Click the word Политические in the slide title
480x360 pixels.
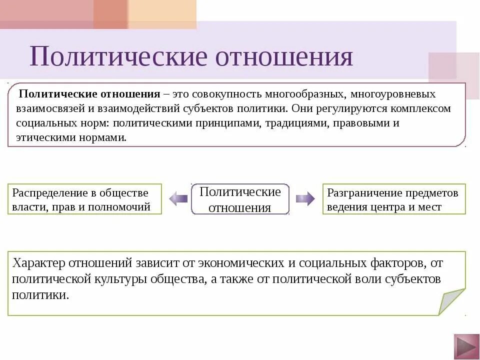118,56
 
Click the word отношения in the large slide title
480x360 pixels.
284,56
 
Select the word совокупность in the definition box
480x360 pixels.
218,94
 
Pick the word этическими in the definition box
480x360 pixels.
41,137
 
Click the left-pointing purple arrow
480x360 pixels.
178,199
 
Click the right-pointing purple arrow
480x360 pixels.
305,199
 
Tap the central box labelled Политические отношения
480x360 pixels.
240,199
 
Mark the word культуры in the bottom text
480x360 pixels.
120,279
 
